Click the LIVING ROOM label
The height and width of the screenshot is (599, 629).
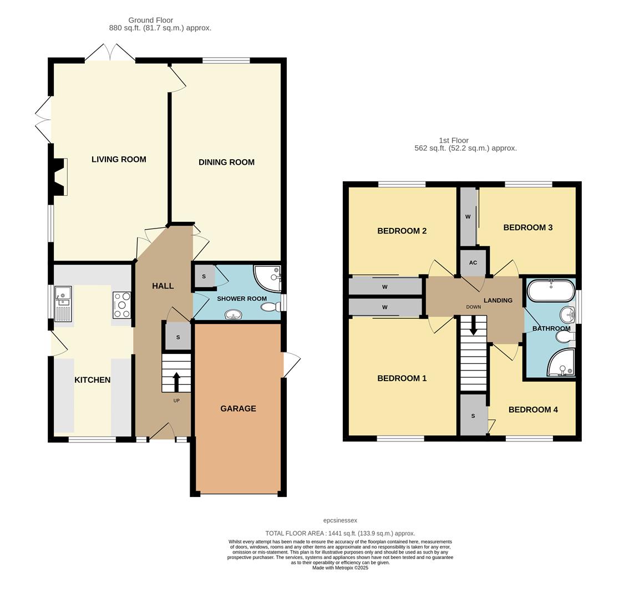click(x=119, y=160)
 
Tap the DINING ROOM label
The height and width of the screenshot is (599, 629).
click(x=226, y=163)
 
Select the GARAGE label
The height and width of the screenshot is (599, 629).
click(x=238, y=409)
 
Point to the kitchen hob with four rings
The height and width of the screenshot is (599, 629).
click(x=121, y=305)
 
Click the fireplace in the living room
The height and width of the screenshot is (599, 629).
click(x=59, y=177)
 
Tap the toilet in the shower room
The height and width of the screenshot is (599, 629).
click(x=271, y=307)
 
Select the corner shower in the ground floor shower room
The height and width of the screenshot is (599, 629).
click(x=268, y=278)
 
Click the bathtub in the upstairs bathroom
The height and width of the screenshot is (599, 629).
click(x=550, y=291)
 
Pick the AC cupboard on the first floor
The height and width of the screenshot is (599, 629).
click(x=473, y=262)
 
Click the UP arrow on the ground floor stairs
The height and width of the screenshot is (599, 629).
click(x=176, y=382)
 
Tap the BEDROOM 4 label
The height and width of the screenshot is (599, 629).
click(x=533, y=410)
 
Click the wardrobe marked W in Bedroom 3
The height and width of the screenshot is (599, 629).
click(x=468, y=217)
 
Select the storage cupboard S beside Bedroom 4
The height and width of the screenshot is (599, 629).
click(x=473, y=415)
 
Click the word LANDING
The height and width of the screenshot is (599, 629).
click(x=498, y=301)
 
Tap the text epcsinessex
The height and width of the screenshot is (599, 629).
click(x=340, y=520)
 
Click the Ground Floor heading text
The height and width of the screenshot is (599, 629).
click(x=150, y=20)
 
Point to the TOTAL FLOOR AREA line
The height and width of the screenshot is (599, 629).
click(x=339, y=533)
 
